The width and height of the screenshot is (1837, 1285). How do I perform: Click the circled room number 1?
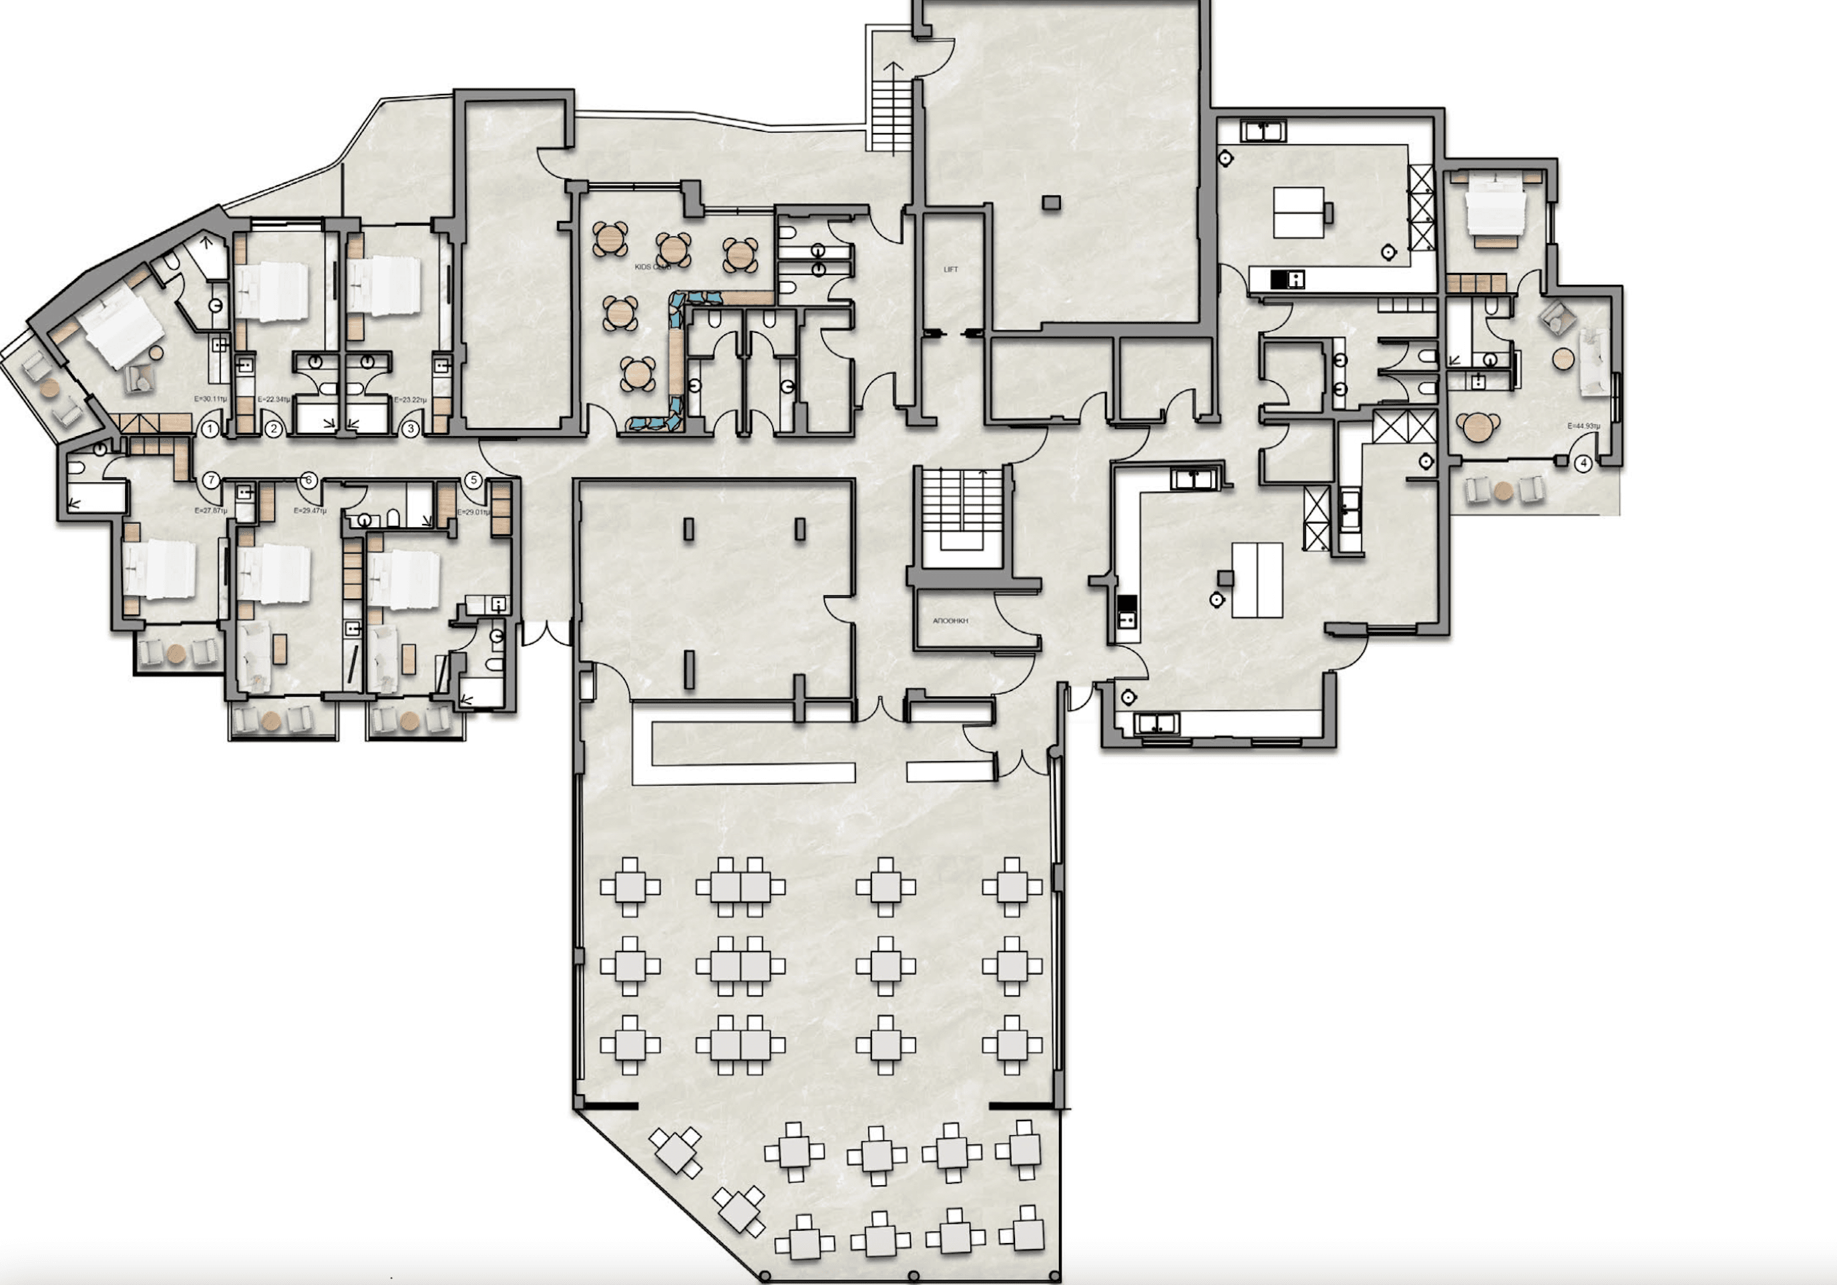[210, 429]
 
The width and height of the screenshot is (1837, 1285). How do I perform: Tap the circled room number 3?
[411, 429]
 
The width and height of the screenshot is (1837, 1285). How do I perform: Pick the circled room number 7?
[210, 481]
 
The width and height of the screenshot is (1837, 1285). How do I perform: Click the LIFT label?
[950, 270]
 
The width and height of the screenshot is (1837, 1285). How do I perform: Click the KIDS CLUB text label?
[652, 266]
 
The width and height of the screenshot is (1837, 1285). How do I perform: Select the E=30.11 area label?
[211, 398]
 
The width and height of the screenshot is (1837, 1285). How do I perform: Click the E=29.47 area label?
[310, 511]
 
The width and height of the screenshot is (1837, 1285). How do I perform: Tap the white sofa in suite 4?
[1592, 362]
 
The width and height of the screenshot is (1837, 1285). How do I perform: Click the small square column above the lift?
[1052, 203]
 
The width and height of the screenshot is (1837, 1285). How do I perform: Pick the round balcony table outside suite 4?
[1504, 491]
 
